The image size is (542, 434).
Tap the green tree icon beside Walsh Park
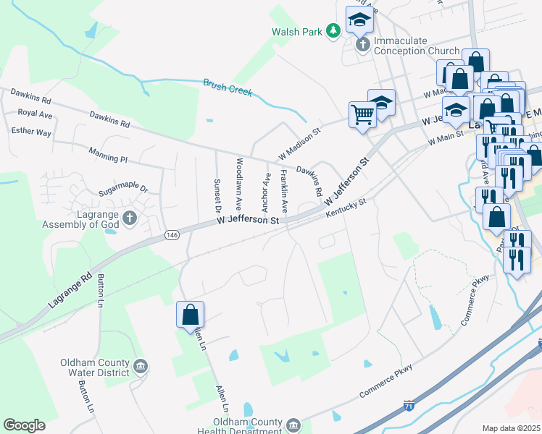pos(333,31)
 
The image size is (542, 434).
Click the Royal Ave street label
pos(36,114)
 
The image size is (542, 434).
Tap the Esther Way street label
pos(31,132)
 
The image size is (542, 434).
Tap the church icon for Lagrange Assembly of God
pos(130,218)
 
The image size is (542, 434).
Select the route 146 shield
pos(172,234)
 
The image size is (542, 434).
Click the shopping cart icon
pos(362,114)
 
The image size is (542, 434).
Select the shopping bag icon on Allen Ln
pos(190,315)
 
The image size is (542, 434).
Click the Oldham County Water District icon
pos(141,367)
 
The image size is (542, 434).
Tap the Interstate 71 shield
pos(409,407)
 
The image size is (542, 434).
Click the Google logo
pos(24,425)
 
